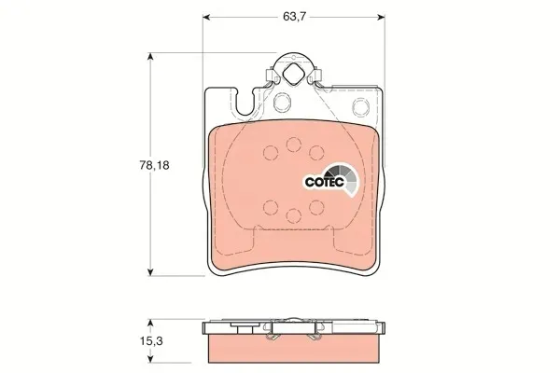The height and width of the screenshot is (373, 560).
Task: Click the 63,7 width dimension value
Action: click(x=294, y=17)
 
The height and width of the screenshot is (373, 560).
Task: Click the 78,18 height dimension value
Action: click(x=154, y=165)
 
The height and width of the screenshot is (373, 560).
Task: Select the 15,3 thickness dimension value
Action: click(x=151, y=341)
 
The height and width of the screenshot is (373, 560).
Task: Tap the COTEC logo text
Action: click(x=324, y=182)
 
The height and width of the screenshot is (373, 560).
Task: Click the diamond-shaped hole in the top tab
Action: click(x=293, y=74)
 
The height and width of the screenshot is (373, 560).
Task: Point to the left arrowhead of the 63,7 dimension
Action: click(x=206, y=17)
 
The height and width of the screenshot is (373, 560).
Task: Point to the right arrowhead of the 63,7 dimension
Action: click(x=381, y=17)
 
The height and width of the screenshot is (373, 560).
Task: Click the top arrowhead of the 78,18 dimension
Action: click(x=150, y=57)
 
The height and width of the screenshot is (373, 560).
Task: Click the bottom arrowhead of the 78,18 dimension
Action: click(x=150, y=271)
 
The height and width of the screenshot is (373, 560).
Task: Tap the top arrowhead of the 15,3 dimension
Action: click(x=150, y=324)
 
